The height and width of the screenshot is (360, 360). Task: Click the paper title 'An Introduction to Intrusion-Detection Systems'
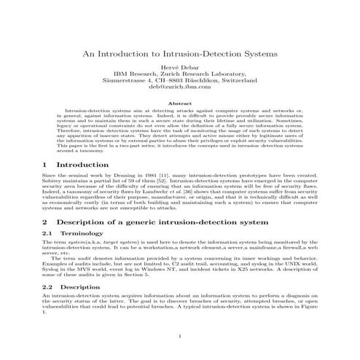[179, 55]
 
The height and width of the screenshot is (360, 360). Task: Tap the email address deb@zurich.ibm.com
[179, 87]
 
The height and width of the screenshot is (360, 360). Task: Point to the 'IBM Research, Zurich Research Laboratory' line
[179, 74]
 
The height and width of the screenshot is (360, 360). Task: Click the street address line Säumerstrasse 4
[179, 80]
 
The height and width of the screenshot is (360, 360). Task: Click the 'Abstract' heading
[179, 103]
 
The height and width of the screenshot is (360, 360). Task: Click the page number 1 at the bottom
[179, 336]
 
